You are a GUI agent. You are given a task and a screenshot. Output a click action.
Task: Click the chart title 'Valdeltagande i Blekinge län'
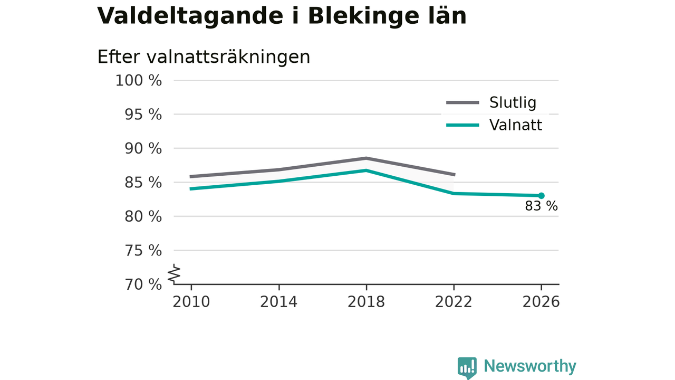(x=282, y=16)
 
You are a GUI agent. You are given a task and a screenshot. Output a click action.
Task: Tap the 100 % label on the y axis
(x=139, y=81)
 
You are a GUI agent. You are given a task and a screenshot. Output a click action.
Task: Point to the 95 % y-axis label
(x=143, y=115)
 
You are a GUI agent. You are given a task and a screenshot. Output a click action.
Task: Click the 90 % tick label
(x=143, y=149)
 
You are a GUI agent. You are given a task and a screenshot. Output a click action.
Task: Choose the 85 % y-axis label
(x=143, y=183)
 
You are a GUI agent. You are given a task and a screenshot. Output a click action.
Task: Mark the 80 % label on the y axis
(x=143, y=216)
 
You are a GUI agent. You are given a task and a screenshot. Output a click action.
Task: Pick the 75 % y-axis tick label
(x=143, y=251)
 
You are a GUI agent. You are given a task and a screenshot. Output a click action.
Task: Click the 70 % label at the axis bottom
(x=143, y=284)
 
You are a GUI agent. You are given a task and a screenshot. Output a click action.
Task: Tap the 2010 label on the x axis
(x=191, y=302)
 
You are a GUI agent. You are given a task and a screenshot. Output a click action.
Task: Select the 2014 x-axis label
(x=279, y=302)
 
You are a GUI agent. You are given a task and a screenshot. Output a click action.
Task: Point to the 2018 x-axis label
(x=366, y=302)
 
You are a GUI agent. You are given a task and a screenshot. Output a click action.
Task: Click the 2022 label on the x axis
(x=454, y=302)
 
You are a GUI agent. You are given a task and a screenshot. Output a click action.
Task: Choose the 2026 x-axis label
(x=541, y=302)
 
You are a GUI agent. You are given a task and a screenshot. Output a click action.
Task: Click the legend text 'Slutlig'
(x=513, y=103)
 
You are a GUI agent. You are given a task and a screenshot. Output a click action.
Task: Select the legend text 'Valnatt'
(x=516, y=125)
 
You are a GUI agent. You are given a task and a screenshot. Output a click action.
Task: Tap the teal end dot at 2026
(x=541, y=196)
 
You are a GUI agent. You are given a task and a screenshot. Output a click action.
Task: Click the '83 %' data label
(x=541, y=206)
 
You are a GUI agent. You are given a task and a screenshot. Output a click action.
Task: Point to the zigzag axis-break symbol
(x=174, y=274)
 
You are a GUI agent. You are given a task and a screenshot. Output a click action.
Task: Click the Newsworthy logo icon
(x=467, y=368)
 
